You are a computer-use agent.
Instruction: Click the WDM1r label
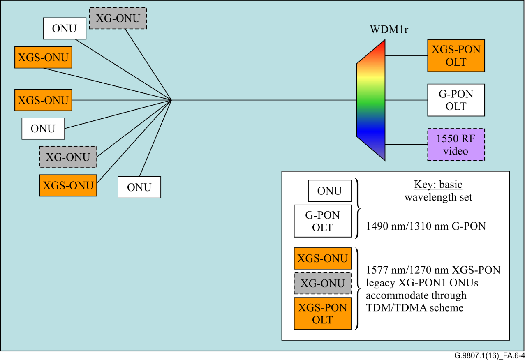coord(389,30)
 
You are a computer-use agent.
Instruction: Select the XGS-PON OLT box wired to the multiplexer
coord(456,55)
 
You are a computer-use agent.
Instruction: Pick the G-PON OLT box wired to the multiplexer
coord(456,100)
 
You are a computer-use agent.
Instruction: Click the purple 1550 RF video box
coord(456,145)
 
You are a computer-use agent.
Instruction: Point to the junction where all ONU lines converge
coord(171,100)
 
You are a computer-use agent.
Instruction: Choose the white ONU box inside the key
coord(330,191)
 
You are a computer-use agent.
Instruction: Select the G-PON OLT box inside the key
coord(322,221)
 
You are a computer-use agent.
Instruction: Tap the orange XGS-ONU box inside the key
coord(322,259)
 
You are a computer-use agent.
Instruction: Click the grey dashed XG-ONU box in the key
coord(322,284)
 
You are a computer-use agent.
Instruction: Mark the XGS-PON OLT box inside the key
coord(322,314)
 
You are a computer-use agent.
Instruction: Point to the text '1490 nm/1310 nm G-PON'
coord(426,226)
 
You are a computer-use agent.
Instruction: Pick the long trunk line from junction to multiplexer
coord(263,100)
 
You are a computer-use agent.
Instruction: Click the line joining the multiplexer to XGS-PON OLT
coord(406,55)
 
